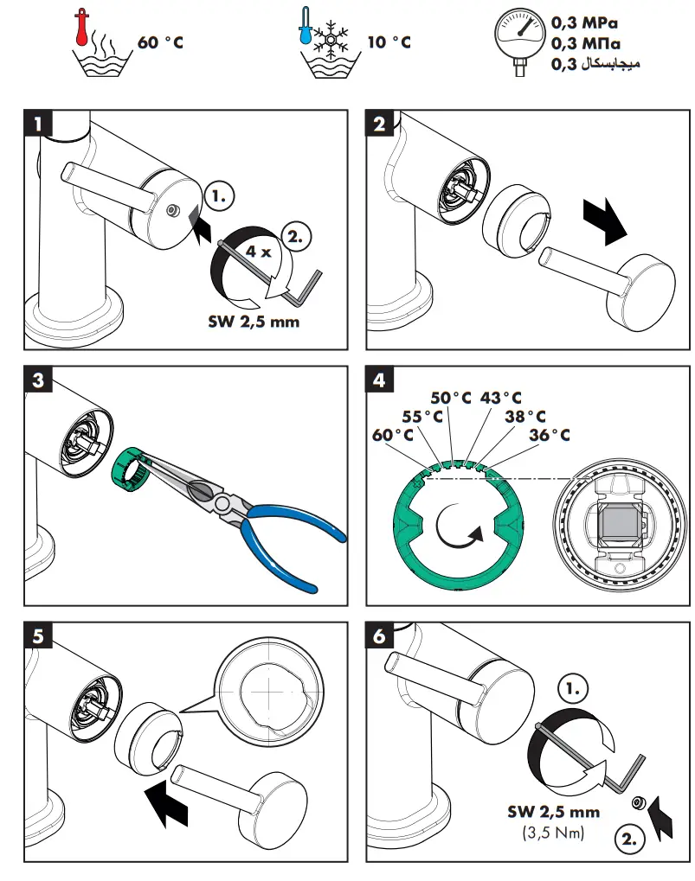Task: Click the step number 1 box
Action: [35, 124]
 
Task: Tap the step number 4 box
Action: [380, 381]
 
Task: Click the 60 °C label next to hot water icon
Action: [161, 42]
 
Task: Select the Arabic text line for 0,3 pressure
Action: [597, 65]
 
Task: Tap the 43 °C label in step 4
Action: [501, 397]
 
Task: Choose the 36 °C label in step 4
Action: [549, 434]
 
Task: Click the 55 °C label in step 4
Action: [422, 416]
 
